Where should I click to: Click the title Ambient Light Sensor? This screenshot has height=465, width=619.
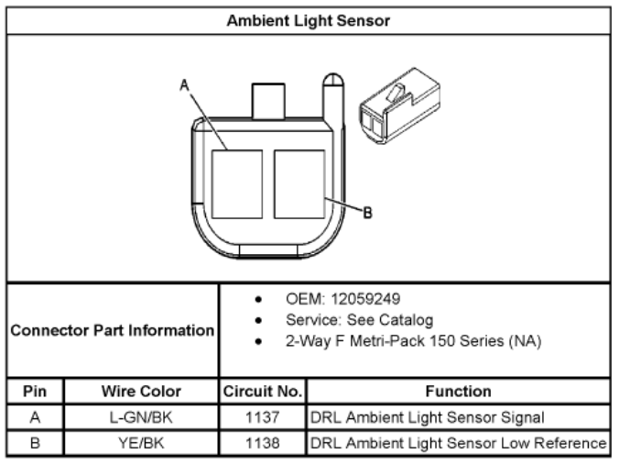[x=309, y=20]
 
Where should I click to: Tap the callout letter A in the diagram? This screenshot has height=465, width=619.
[x=184, y=85]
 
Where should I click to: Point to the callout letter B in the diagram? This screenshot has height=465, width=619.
[x=367, y=213]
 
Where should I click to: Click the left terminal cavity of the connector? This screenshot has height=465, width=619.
[x=237, y=184]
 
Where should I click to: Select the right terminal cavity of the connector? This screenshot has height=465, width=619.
[x=299, y=184]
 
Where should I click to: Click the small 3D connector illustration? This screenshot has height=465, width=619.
[x=399, y=106]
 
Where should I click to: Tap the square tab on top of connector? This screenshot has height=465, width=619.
[x=268, y=101]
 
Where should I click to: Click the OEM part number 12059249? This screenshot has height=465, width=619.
[x=365, y=299]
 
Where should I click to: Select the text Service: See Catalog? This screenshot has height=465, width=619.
[x=360, y=320]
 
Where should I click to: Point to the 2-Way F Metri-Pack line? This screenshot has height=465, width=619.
[x=413, y=341]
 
